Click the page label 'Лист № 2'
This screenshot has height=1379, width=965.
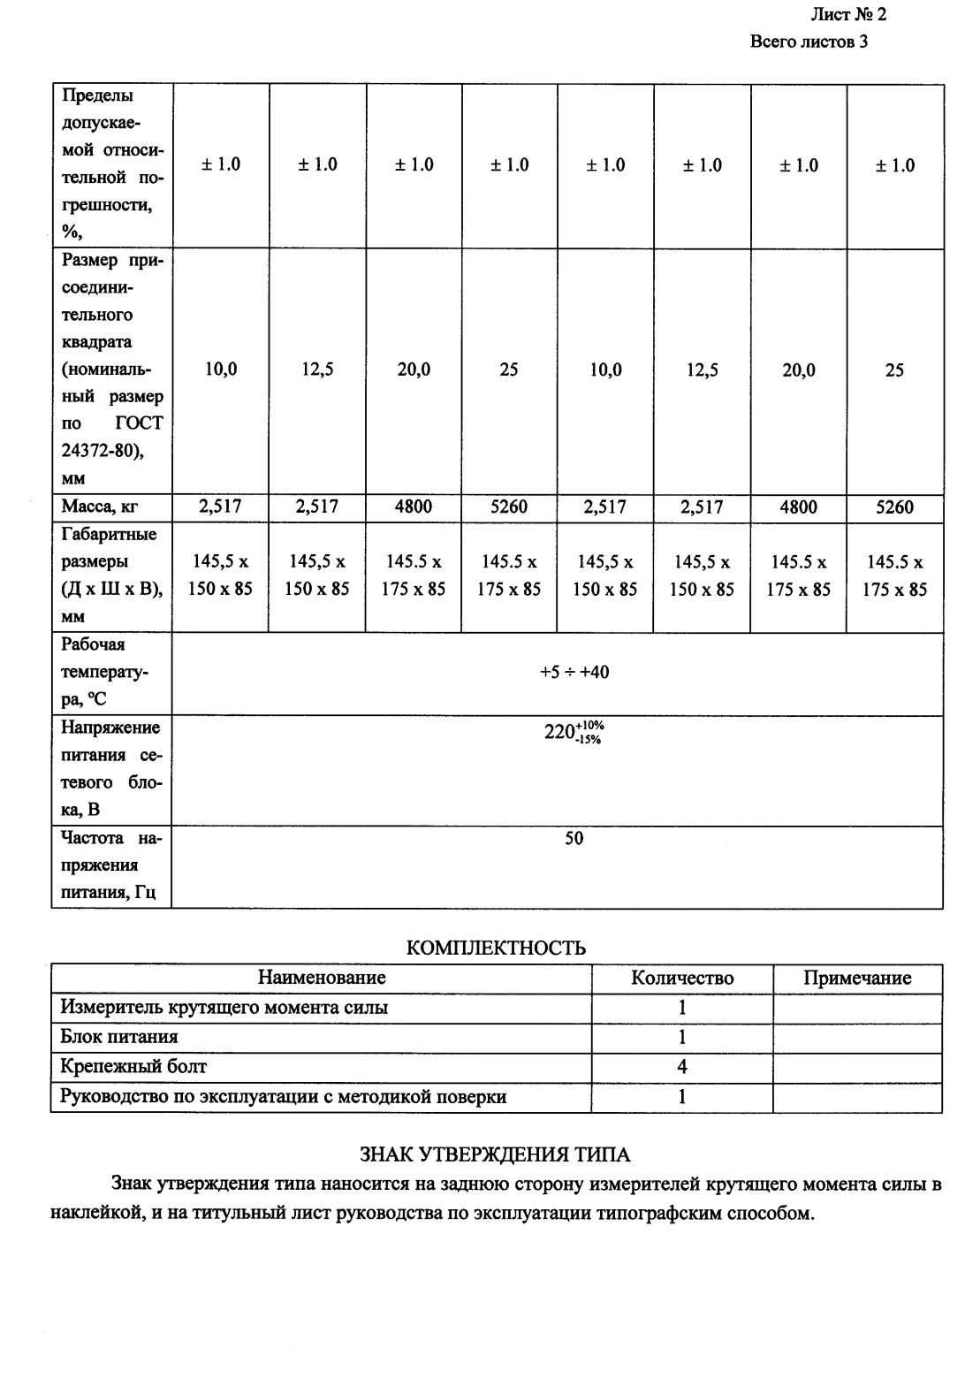pyautogui.click(x=847, y=15)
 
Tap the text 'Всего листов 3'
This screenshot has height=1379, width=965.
pyautogui.click(x=808, y=42)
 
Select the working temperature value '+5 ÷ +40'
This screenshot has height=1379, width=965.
pyautogui.click(x=574, y=673)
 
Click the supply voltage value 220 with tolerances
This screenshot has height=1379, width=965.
pyautogui.click(x=574, y=733)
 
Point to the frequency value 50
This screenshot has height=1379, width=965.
pyautogui.click(x=574, y=838)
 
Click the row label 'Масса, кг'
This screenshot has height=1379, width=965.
pyautogui.click(x=100, y=507)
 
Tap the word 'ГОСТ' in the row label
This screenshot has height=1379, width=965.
pyautogui.click(x=139, y=423)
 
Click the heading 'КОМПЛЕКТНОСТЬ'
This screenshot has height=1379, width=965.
pyautogui.click(x=495, y=949)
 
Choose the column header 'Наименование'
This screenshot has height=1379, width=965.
pyautogui.click(x=322, y=978)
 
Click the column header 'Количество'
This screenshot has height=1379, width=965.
pyautogui.click(x=681, y=978)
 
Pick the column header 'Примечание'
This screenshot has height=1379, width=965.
pyautogui.click(x=856, y=978)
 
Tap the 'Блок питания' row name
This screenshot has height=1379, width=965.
pyautogui.click(x=119, y=1037)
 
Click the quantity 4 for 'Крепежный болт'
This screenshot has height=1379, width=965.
pyautogui.click(x=681, y=1067)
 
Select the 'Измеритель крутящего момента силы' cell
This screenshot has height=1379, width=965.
pyautogui.click(x=224, y=1008)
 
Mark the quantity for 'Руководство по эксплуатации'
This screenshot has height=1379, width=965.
pyautogui.click(x=681, y=1097)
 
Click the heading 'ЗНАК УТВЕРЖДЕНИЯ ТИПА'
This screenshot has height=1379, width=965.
pyautogui.click(x=495, y=1154)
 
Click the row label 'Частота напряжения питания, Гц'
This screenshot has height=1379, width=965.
pyautogui.click(x=110, y=865)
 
